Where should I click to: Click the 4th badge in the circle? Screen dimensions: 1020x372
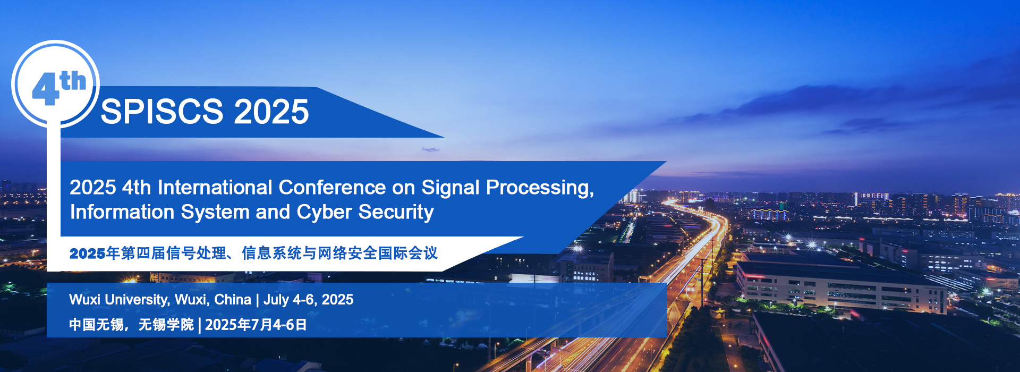(58, 87)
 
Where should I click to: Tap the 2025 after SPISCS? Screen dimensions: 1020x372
(271, 112)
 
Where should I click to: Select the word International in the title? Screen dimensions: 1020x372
(215, 188)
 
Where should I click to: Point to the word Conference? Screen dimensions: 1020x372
(333, 188)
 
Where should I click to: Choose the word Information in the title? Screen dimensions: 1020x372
(122, 212)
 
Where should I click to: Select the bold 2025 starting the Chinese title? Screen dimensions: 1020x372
(87, 253)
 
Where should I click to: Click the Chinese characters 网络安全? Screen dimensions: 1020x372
(347, 253)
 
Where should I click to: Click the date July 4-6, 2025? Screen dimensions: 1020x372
(308, 300)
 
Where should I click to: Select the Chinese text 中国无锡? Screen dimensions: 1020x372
(96, 325)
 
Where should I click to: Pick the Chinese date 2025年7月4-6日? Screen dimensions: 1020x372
(256, 325)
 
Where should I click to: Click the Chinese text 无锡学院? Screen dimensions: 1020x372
(166, 325)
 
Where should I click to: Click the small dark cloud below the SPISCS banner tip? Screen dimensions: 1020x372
(430, 150)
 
